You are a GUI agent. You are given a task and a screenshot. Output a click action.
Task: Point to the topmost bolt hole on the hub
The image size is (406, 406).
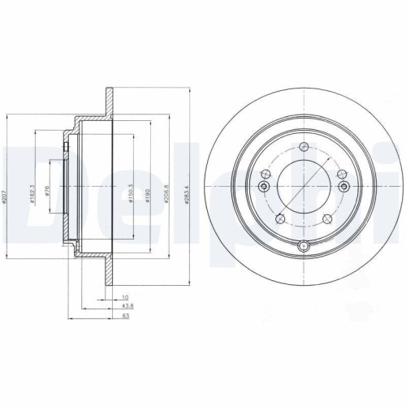click(302, 148)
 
